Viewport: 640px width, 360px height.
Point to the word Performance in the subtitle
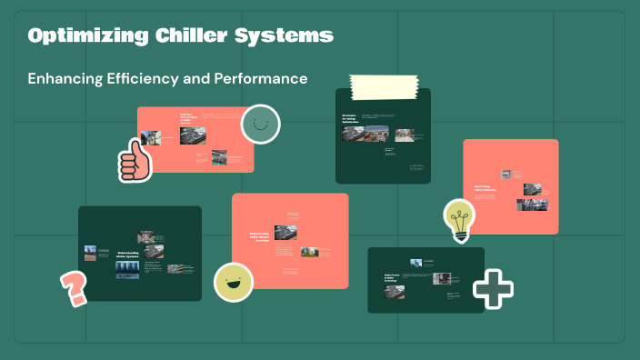260,79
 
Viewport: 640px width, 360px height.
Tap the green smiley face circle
260,124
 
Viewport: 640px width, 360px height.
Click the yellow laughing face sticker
233,281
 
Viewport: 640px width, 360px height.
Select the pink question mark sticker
73,289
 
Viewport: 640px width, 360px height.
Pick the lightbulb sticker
459,219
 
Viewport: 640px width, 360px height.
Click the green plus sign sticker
493,289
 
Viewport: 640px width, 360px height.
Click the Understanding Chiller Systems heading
128,256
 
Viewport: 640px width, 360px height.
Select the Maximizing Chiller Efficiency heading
488,189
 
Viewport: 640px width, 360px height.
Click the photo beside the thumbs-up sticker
152,139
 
